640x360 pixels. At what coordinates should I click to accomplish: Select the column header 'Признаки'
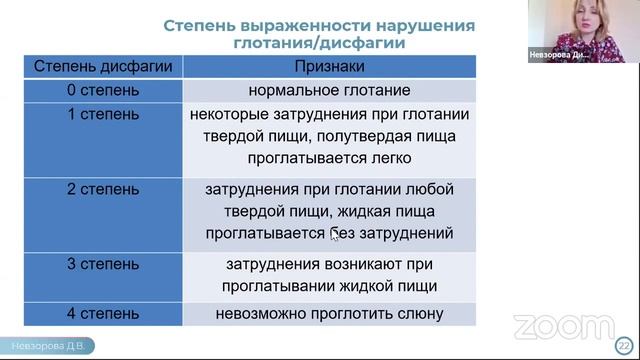point(329,67)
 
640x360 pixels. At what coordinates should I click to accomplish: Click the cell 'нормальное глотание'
point(329,91)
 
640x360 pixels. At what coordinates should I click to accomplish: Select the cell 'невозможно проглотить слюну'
point(329,314)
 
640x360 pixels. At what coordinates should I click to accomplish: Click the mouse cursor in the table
point(334,236)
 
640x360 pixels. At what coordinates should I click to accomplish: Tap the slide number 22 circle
point(627,342)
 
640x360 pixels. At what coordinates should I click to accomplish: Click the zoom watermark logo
point(563,326)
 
